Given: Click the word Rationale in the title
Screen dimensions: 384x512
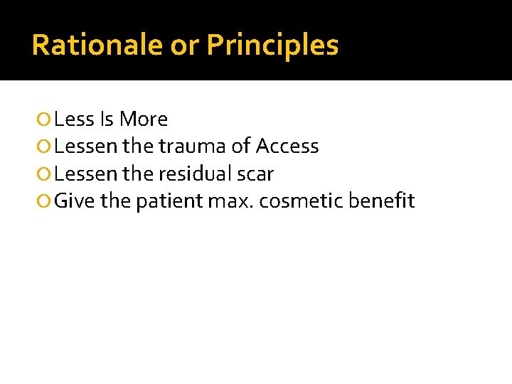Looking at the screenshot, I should click(x=97, y=46).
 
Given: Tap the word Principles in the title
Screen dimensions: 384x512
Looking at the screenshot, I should click(x=272, y=46).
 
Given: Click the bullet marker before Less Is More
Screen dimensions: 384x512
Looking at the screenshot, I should click(x=46, y=119).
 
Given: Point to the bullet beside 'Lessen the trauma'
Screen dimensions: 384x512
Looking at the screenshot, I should click(x=46, y=147).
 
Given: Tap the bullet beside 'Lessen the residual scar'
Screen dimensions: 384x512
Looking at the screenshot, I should click(x=46, y=174).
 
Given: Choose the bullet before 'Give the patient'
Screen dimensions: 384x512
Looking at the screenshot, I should click(x=46, y=202).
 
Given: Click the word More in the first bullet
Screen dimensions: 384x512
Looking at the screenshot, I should click(x=144, y=119).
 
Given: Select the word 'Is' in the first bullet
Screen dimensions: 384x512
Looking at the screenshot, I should click(x=107, y=119).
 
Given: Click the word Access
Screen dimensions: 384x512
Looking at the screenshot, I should click(x=287, y=146).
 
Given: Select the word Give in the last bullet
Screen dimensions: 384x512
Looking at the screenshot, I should click(x=75, y=201).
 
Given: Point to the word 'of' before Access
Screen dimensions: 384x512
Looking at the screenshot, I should click(x=241, y=146).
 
